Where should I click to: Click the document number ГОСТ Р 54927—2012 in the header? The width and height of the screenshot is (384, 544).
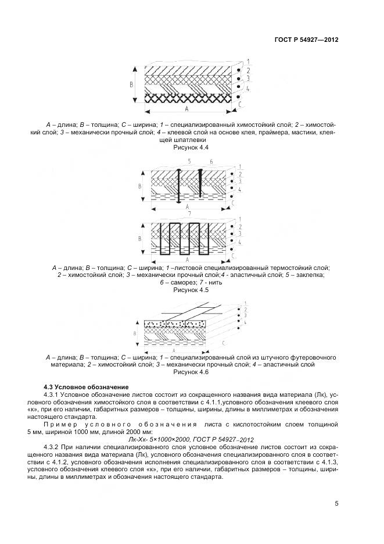[x=306, y=40]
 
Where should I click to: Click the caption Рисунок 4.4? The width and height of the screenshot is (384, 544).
[x=191, y=148]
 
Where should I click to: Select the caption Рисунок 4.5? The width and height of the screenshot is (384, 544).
[x=191, y=289]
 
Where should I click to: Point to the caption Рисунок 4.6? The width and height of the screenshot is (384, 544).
[x=191, y=372]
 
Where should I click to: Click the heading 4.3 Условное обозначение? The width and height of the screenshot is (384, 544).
[x=86, y=387]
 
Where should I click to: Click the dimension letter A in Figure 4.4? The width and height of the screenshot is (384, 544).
[x=186, y=108]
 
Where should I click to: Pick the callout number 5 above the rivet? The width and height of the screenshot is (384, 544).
[x=189, y=160]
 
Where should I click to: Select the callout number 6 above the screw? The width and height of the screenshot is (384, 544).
[x=211, y=161]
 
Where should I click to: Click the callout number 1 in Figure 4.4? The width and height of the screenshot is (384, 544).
[x=247, y=61]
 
